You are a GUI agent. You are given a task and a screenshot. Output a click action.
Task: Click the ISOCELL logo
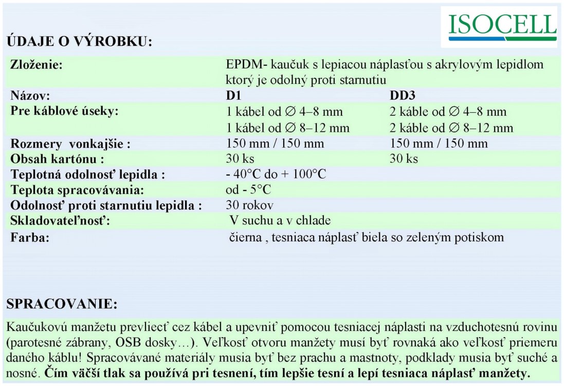(502, 26)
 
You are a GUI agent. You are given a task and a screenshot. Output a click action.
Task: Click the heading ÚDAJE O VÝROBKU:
(80, 42)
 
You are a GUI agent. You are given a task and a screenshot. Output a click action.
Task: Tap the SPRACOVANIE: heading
(62, 304)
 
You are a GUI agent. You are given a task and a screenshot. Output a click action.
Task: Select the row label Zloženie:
(37, 66)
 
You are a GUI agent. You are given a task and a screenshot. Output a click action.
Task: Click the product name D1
(233, 96)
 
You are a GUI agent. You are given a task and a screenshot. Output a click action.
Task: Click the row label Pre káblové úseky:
(64, 111)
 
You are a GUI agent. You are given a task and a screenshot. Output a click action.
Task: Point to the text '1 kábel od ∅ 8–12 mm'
(287, 128)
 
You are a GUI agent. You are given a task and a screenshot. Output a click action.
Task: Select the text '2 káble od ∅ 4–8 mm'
(448, 112)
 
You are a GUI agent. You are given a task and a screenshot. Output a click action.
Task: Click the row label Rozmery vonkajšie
(70, 144)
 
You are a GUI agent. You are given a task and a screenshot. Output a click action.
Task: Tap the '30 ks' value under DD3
(404, 159)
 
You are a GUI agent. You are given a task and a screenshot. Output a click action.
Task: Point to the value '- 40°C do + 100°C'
(276, 174)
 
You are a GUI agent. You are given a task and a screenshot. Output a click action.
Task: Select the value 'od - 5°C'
(248, 190)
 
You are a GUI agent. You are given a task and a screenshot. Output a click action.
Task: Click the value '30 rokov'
(249, 205)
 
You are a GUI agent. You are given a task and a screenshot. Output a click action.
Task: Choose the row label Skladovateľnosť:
(61, 221)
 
